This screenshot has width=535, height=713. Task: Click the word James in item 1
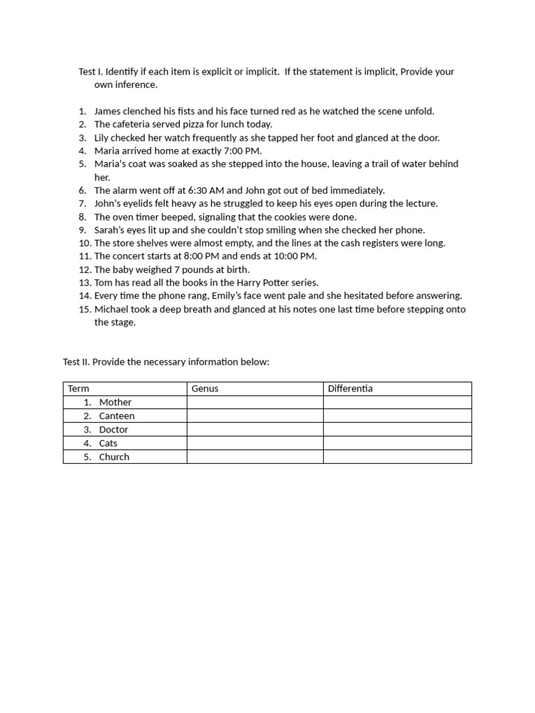point(109,111)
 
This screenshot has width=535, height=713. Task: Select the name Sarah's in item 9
point(109,230)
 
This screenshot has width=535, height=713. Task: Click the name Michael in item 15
point(112,310)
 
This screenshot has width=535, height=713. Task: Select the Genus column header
point(206,389)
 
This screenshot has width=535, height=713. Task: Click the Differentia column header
point(350,389)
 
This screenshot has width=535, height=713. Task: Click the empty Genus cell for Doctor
point(255,430)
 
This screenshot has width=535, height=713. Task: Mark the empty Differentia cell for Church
point(397,457)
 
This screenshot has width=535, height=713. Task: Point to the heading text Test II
point(76,363)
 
